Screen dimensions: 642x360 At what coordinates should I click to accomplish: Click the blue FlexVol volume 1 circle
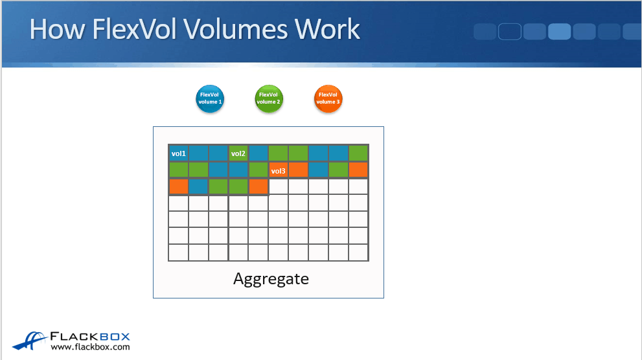coord(210,98)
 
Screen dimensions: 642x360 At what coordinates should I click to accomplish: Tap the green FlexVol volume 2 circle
coord(269,98)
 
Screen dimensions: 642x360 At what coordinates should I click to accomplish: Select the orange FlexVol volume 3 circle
coord(328,98)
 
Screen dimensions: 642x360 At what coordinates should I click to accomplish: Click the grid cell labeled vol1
coord(179,153)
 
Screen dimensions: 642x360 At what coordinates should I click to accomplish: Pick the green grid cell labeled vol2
coord(238,153)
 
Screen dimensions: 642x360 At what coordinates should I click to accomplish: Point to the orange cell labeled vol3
coord(278,170)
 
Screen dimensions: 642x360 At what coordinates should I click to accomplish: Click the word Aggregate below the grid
coord(271,279)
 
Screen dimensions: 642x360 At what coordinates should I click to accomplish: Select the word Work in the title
coord(327,29)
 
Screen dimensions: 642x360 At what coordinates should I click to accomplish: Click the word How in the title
coord(57,29)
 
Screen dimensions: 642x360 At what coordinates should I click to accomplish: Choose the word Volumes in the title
coord(235,29)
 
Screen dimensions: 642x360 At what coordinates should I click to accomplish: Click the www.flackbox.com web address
coord(90,347)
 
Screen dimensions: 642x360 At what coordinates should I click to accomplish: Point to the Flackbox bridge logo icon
coord(30,341)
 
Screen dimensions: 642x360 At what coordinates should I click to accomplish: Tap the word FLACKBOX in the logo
coord(90,337)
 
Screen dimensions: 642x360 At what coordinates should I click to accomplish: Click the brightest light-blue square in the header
coord(559,32)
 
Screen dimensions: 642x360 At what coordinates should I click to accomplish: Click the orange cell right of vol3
coord(298,170)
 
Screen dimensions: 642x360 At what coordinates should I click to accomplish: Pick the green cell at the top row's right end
coord(358,153)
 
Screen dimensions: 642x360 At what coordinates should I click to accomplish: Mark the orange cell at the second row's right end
coord(358,170)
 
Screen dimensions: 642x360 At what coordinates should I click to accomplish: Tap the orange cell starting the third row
coord(179,186)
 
